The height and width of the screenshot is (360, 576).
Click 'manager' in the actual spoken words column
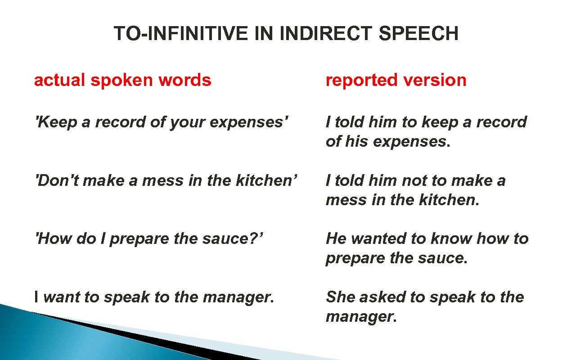(x=238, y=297)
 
